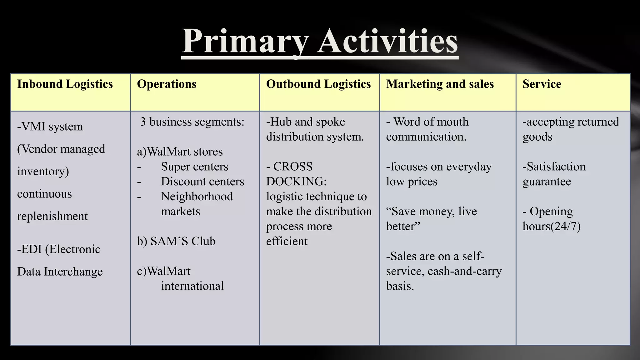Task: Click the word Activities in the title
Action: pos(387,41)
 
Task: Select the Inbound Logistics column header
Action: pos(65,84)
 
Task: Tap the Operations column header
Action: pos(167,84)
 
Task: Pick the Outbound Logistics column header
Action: pos(318,84)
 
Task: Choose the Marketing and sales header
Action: pos(440,84)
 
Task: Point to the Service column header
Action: pos(542,84)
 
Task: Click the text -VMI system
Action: pos(50,127)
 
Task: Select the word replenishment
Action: pos(52,216)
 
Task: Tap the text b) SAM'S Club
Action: pos(176,241)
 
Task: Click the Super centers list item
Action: pos(194,167)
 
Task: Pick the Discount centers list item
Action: pos(202,182)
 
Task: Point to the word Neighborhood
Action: pos(197,197)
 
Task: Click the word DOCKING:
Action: pos(296,182)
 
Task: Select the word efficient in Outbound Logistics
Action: pos(287,241)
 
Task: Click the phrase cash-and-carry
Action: pos(465,271)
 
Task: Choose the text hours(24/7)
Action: pos(552,226)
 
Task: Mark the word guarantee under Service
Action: pos(547,182)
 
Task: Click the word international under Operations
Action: pos(192,286)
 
